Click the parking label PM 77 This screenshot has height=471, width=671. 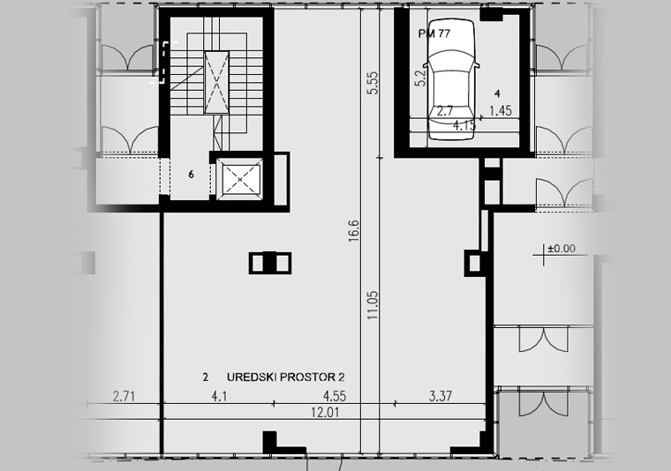(x=434, y=34)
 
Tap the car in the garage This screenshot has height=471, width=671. (x=451, y=79)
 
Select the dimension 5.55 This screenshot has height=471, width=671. (x=373, y=83)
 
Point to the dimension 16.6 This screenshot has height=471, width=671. (x=354, y=231)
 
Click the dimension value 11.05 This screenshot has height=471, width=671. (x=373, y=305)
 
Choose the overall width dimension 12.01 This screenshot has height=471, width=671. (x=325, y=413)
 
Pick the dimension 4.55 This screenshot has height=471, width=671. (x=335, y=396)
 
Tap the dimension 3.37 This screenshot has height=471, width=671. (x=441, y=396)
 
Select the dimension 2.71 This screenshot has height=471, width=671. (x=124, y=397)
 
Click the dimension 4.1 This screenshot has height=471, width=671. (x=219, y=397)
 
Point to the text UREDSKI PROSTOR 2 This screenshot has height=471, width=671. (x=285, y=377)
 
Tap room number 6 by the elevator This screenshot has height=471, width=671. (x=191, y=175)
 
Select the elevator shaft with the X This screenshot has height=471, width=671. (x=239, y=179)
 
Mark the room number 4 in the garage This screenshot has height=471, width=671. (x=497, y=93)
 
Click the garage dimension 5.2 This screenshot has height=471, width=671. (x=421, y=78)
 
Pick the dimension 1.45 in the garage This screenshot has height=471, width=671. (x=501, y=111)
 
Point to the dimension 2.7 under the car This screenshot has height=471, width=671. (x=445, y=111)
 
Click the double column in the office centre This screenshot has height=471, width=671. (x=270, y=263)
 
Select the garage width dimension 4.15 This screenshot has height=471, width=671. (x=464, y=125)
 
